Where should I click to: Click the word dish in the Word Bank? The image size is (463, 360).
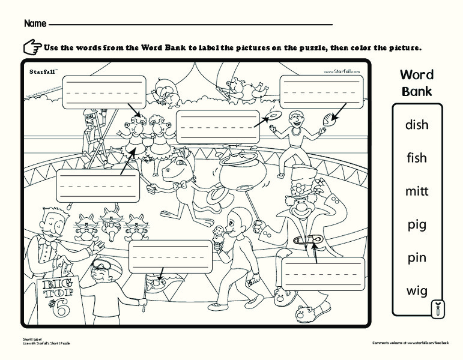tap(416, 125)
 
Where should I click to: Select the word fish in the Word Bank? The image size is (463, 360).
tap(416, 158)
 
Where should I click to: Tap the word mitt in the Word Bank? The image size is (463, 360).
tap(416, 191)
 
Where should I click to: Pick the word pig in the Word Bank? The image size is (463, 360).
tap(416, 225)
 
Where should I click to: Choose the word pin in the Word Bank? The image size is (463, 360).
tap(416, 258)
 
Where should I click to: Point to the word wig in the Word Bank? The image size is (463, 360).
tap(416, 292)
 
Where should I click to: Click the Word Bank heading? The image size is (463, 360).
tap(417, 83)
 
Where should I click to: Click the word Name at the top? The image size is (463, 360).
tap(35, 24)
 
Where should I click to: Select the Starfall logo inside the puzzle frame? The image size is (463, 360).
tap(43, 71)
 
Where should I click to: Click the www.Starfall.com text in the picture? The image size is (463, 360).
tap(342, 71)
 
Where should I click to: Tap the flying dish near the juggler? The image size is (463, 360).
tap(273, 115)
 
